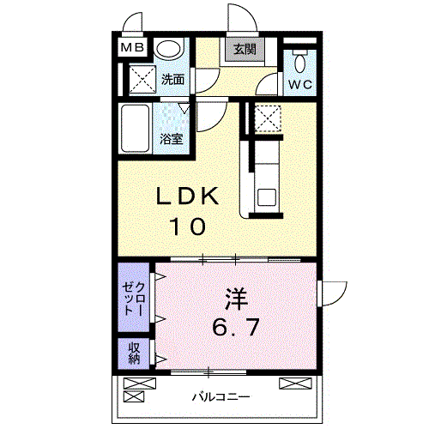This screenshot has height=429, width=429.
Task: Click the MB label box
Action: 132,48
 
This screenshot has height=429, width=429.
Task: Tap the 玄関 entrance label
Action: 239,50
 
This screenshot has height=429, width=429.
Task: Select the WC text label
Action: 299,84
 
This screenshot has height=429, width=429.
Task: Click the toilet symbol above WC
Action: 299,62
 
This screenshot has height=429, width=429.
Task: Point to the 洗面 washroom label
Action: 172,80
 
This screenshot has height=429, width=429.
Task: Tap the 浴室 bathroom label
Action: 170,138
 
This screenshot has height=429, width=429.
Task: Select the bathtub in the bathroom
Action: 136,129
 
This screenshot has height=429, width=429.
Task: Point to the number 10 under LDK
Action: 186,227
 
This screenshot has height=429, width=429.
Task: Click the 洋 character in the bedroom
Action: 237,299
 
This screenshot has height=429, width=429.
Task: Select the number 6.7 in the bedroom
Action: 237,326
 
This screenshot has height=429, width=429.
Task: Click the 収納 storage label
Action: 134,353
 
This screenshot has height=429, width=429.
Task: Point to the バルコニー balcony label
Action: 221,397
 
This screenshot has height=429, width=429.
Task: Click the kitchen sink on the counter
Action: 265,196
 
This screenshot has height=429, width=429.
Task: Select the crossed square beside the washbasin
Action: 137,80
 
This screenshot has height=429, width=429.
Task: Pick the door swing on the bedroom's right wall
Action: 330,293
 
